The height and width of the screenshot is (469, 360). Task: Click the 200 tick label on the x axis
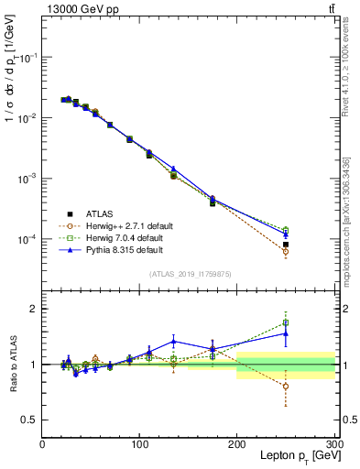tap(237, 444)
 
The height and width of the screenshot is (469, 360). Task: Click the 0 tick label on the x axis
tap(42, 444)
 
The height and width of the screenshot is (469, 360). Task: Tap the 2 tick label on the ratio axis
tap(33, 309)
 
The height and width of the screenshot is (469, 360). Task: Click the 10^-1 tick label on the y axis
tap(27, 57)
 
